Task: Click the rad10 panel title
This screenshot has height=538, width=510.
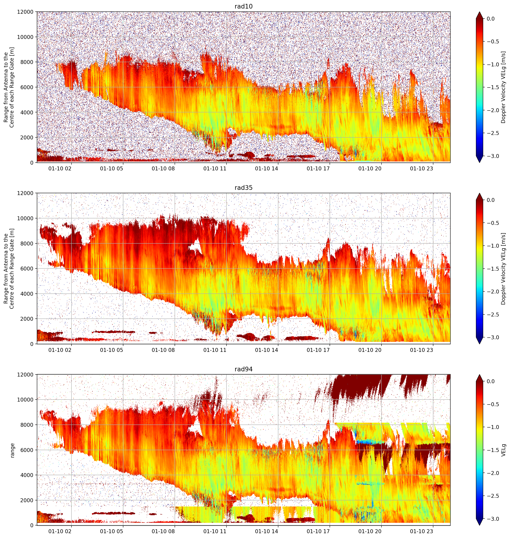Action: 243,6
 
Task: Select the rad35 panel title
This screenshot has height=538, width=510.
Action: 243,188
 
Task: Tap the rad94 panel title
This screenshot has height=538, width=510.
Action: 243,369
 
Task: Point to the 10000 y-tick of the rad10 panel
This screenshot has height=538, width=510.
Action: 25,37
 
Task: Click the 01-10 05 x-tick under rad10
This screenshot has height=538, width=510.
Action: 111,169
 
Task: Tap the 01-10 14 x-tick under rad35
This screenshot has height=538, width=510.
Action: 266,350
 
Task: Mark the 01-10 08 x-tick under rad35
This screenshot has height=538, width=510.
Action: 163,350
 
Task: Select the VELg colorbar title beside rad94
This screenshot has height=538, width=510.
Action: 504,450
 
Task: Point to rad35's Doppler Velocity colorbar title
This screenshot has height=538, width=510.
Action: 504,269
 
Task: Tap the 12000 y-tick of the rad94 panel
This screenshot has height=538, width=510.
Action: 25,375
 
